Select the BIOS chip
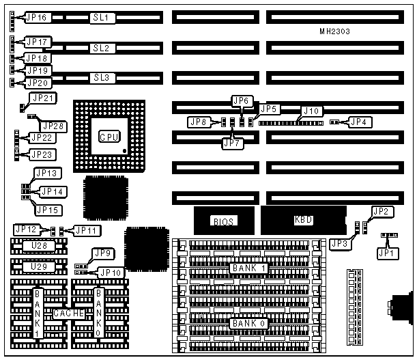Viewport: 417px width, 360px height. [223, 221]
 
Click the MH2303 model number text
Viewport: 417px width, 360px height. [336, 31]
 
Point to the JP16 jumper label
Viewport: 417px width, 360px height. [36, 18]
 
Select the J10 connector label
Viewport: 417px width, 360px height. [311, 111]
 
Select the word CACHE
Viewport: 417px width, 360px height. [68, 314]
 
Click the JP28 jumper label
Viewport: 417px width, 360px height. [53, 126]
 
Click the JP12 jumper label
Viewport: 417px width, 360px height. [25, 230]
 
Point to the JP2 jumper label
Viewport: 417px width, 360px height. [381, 211]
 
